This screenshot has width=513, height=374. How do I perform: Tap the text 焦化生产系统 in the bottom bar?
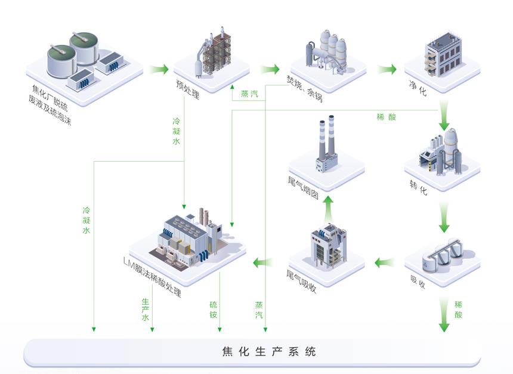point(256,352)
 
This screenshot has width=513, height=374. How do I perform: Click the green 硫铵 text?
point(213,310)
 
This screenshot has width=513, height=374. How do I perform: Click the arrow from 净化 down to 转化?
point(443,118)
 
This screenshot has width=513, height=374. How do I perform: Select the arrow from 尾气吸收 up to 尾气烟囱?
point(327,206)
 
